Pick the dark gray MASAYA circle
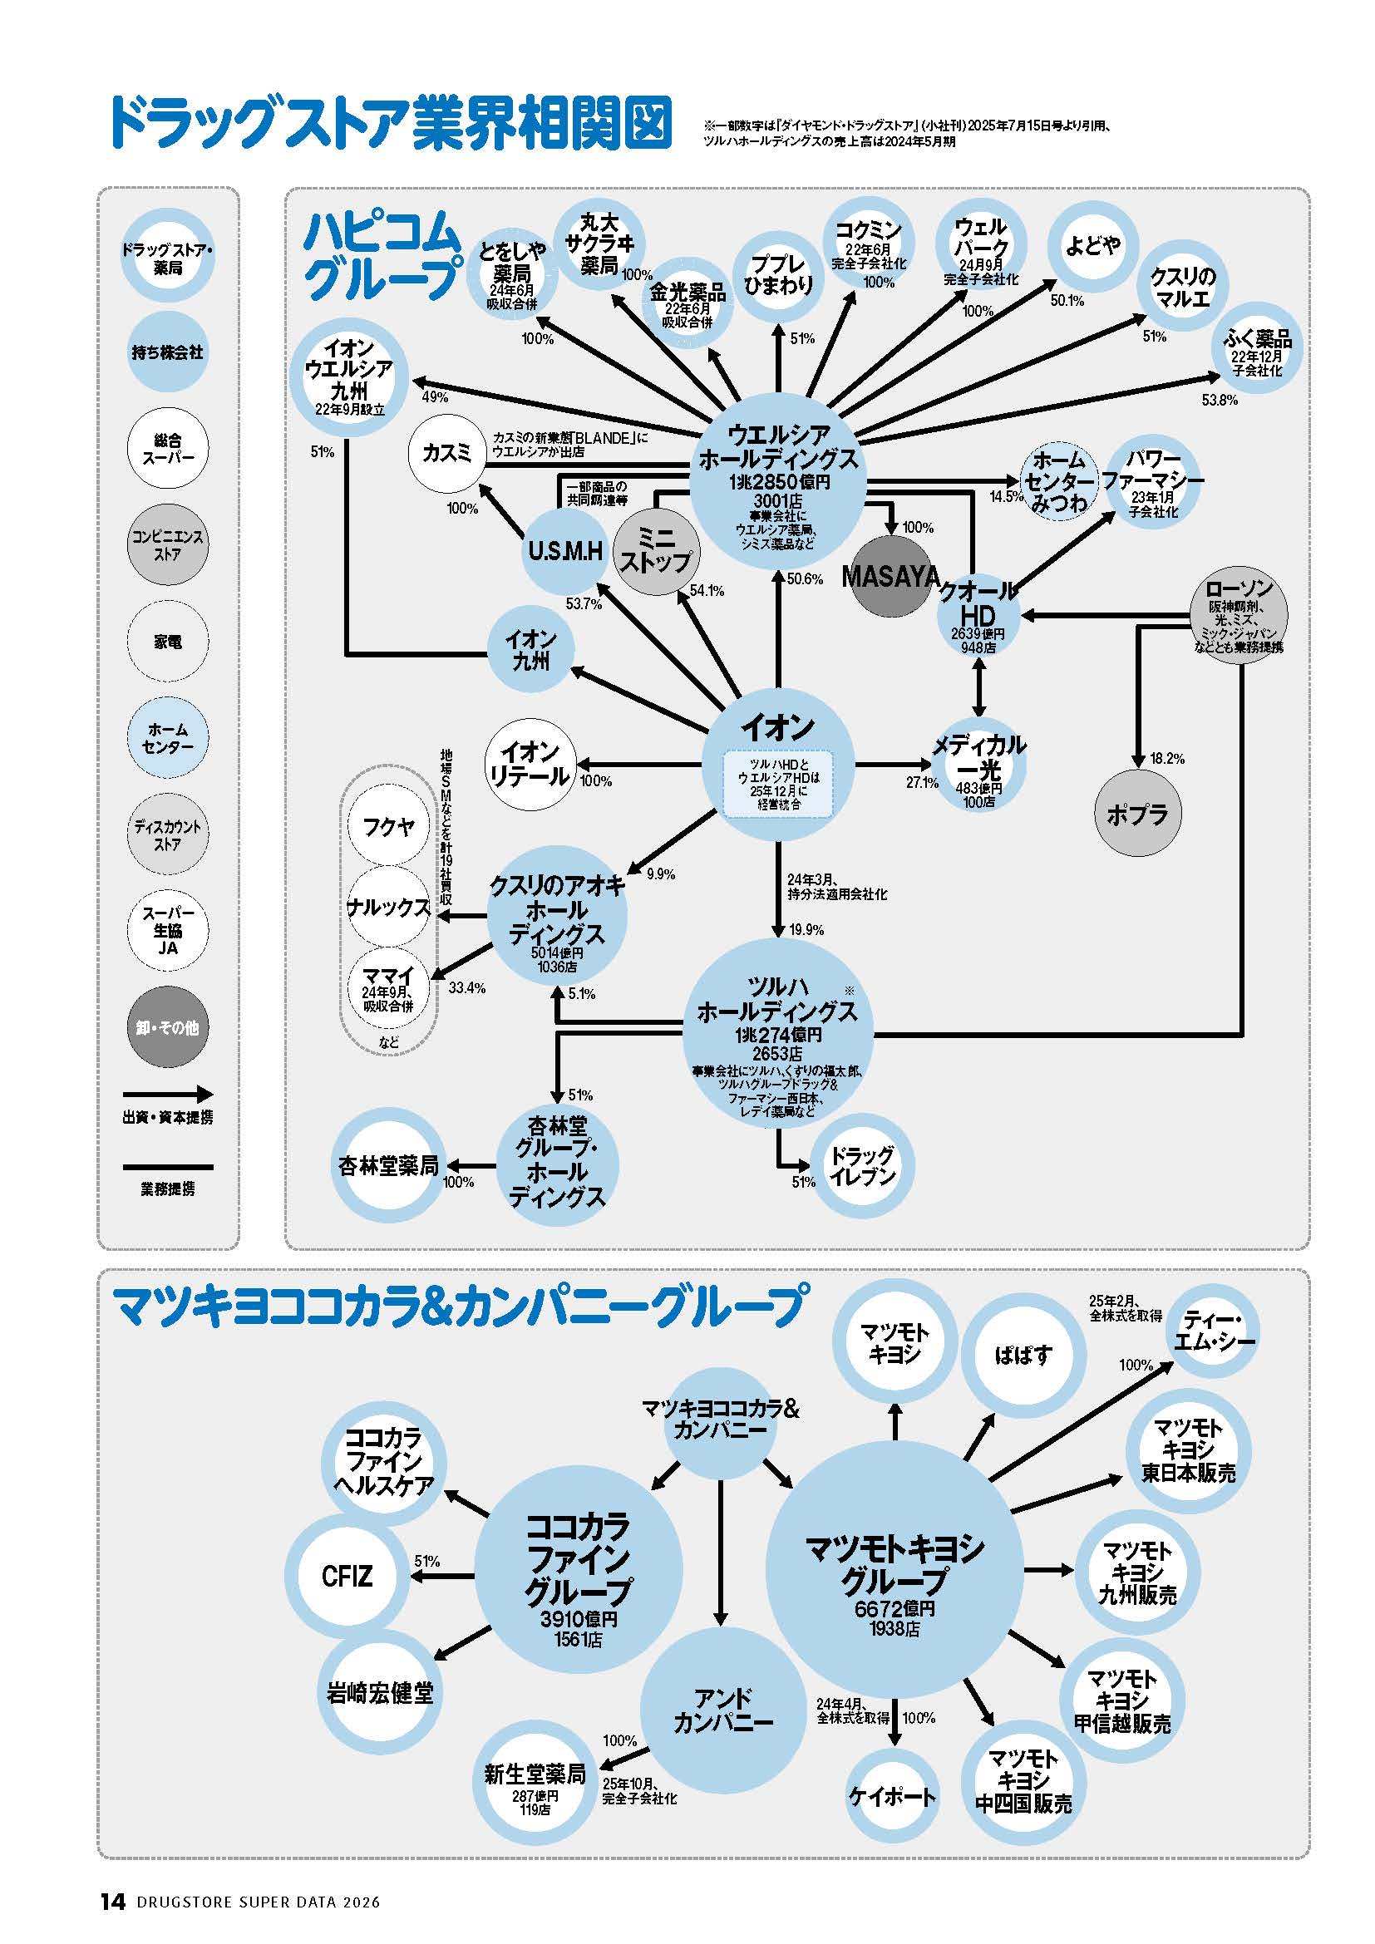tap(889, 576)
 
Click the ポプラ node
tap(1137, 814)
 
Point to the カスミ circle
tap(447, 454)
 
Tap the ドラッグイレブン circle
tap(862, 1166)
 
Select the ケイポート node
tap(891, 1797)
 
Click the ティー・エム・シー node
tap(1212, 1331)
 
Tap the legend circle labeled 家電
tap(168, 642)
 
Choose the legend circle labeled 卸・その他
tap(168, 1027)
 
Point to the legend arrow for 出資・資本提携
tap(168, 1095)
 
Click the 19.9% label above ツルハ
tap(806, 930)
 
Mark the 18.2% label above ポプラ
tap(1166, 759)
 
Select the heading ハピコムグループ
tap(382, 255)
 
